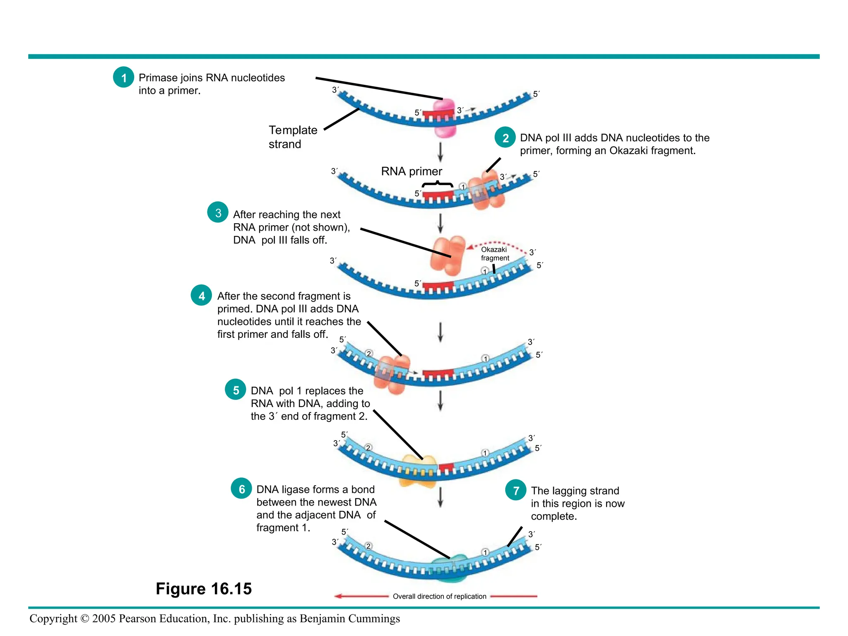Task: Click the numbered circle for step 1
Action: point(123,77)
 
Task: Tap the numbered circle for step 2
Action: point(505,137)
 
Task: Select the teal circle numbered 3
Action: point(218,212)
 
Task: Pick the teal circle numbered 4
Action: point(202,296)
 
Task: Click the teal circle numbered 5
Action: point(236,390)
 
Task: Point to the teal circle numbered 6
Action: point(241,489)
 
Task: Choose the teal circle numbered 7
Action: point(516,490)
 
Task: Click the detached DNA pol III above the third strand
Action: point(448,255)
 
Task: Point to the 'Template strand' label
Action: point(293,137)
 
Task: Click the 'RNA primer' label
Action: point(411,171)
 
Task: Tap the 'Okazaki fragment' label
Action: point(494,253)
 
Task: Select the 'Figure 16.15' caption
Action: point(204,588)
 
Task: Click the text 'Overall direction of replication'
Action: point(439,596)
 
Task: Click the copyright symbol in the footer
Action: point(85,619)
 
